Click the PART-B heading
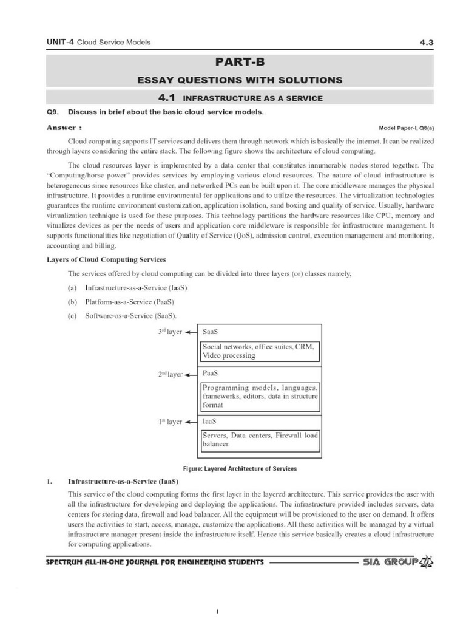point(241,62)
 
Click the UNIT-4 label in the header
point(59,42)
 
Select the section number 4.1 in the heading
point(166,98)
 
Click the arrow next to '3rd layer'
point(191,333)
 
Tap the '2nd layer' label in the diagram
point(170,375)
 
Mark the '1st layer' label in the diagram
point(170,422)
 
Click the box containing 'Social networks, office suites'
point(260,351)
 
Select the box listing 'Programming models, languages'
point(260,395)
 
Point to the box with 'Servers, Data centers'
point(260,440)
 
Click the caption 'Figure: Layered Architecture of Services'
point(240,468)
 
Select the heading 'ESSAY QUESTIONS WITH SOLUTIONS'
point(241,80)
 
